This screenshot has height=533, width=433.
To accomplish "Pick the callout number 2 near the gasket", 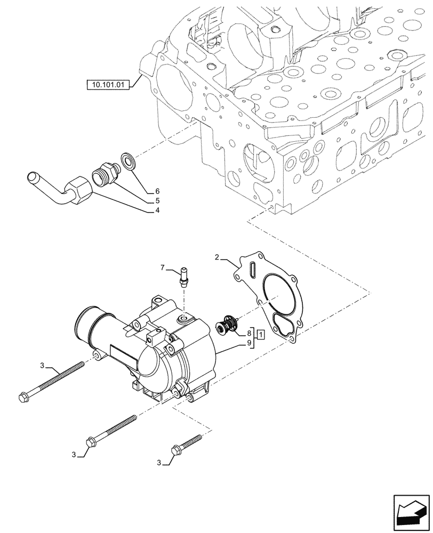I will [x=217, y=257].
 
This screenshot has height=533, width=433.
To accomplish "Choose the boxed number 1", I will [x=260, y=334].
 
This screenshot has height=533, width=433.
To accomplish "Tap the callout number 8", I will [x=249, y=334].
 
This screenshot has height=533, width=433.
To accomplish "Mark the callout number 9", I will [x=249, y=344].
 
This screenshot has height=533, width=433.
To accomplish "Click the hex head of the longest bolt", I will [x=23, y=397].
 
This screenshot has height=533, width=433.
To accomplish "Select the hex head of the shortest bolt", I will [x=176, y=451].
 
